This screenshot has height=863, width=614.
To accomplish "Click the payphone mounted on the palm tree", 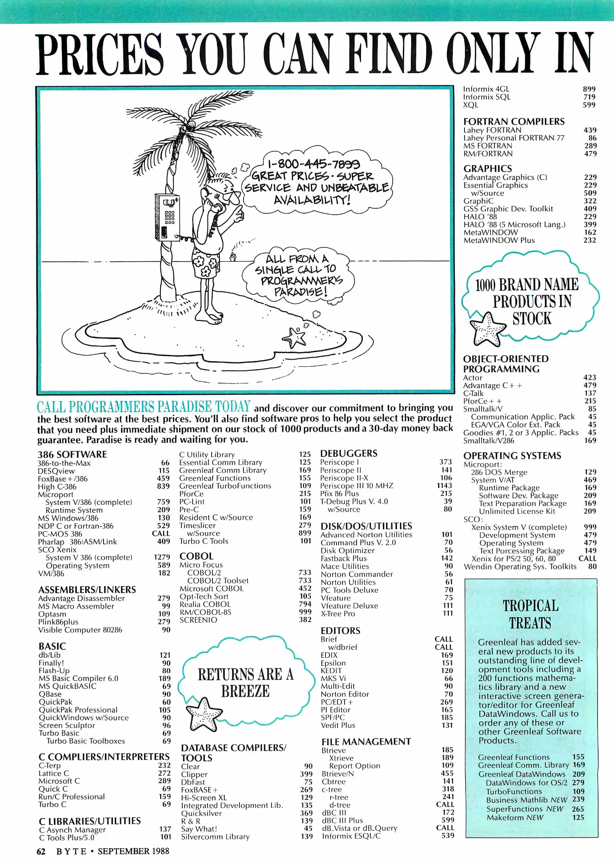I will (x=167, y=217).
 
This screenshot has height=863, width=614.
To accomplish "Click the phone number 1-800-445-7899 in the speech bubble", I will (x=313, y=163).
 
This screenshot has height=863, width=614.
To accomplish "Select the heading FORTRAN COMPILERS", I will (x=514, y=121).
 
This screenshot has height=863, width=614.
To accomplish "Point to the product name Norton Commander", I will (x=357, y=574).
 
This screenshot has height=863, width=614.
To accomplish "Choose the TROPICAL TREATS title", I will (x=530, y=614).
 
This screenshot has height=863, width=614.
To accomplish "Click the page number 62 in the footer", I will (x=41, y=851).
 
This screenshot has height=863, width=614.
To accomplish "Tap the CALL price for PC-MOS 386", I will (x=161, y=533).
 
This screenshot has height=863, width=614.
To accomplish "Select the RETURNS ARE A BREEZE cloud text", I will (x=245, y=683).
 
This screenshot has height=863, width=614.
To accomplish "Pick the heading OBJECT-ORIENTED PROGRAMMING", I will (x=506, y=364).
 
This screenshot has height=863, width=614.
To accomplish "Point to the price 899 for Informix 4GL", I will (x=589, y=89).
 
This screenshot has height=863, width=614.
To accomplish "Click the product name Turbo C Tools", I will (x=203, y=541).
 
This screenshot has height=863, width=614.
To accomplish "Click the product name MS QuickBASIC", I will (x=67, y=686).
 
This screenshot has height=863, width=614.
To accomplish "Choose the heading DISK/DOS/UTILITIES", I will (x=366, y=526).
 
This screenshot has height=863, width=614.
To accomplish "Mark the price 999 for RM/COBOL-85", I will (x=305, y=612).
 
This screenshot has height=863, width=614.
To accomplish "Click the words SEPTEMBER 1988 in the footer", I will (x=133, y=851).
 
